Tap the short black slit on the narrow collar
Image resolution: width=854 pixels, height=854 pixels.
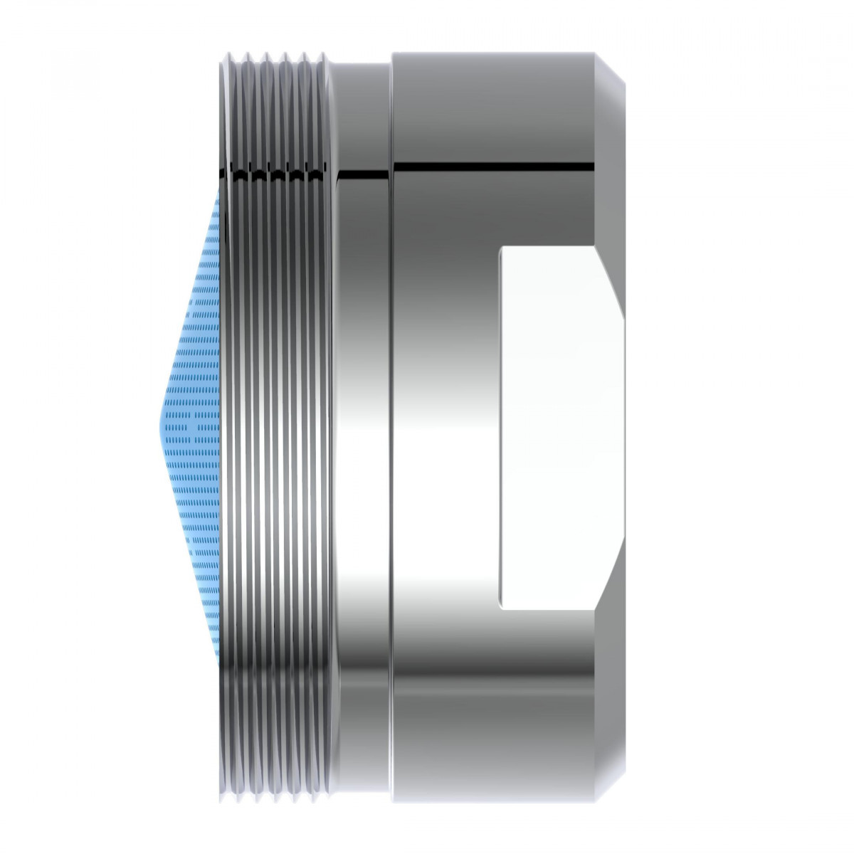[x=363, y=172]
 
